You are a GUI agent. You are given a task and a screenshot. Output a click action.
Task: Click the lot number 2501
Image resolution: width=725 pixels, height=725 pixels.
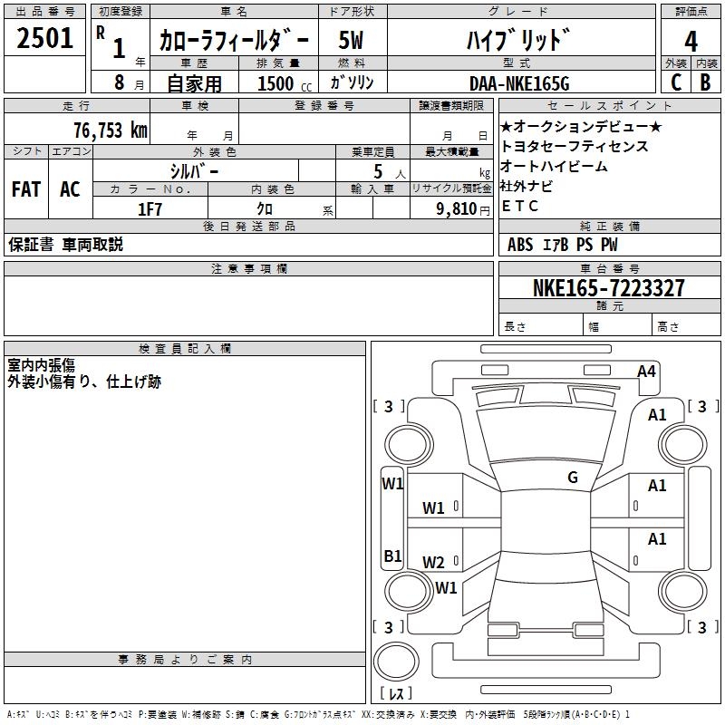tap(44, 38)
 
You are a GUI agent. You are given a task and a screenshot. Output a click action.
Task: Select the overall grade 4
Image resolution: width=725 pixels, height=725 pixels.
tap(691, 41)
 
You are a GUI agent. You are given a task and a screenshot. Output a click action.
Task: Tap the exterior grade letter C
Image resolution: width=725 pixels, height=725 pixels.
tap(676, 82)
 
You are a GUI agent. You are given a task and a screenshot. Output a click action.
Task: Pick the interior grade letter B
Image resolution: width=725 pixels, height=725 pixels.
tap(705, 82)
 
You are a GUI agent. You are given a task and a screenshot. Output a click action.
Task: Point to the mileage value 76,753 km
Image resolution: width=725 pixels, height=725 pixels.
tap(111, 130)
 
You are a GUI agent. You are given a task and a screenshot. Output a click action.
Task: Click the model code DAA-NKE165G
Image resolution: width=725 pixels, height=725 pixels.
tap(519, 83)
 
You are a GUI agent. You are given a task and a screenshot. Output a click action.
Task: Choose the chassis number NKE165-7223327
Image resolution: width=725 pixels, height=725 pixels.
tap(608, 287)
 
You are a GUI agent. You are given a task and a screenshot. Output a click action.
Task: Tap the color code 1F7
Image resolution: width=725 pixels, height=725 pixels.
tap(150, 209)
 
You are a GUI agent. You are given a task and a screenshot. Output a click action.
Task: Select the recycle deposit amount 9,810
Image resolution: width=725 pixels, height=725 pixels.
tap(457, 209)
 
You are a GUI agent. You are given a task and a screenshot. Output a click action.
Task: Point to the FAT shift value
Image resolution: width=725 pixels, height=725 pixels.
tap(26, 189)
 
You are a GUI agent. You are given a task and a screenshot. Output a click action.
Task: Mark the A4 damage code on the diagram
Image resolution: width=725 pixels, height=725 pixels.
tap(646, 372)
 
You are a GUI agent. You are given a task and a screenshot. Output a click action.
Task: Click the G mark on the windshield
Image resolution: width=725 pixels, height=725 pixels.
tap(573, 478)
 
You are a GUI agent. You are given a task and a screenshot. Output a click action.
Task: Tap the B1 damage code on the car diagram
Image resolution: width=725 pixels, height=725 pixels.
tap(392, 556)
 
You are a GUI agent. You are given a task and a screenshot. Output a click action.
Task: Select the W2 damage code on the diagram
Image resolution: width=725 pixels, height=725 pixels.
tap(433, 563)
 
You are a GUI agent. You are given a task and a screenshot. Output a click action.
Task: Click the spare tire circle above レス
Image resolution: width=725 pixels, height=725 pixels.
tap(396, 662)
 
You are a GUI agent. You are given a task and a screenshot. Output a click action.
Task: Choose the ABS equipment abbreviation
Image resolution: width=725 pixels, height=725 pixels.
tap(519, 245)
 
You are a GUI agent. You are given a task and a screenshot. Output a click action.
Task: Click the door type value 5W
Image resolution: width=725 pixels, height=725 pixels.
tap(351, 40)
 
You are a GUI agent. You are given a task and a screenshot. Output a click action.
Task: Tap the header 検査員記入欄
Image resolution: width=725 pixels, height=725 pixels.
tap(185, 349)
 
